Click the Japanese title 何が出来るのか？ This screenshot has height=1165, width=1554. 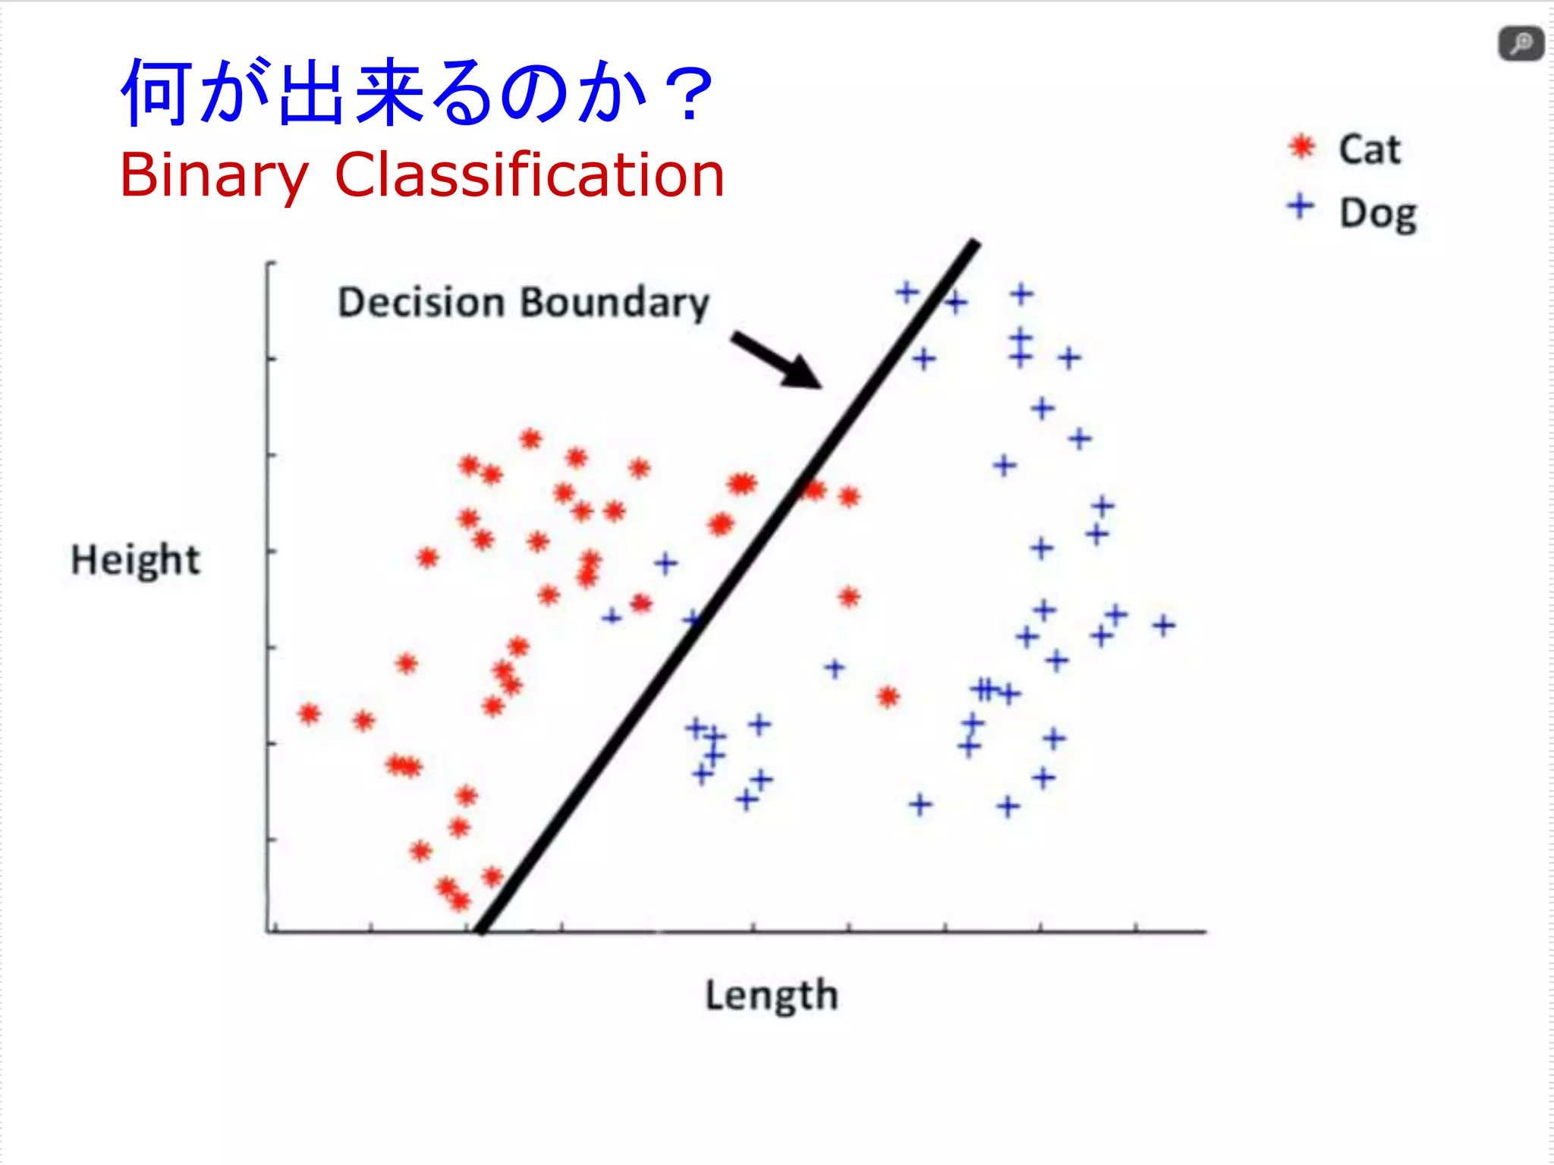pyautogui.click(x=417, y=93)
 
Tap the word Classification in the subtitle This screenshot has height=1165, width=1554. pyautogui.click(x=530, y=174)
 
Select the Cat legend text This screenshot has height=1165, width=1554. pyautogui.click(x=1369, y=149)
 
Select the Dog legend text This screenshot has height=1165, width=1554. pyautogui.click(x=1377, y=214)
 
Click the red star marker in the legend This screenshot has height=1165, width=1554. pyautogui.click(x=1302, y=146)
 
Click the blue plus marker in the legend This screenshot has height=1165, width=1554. pyautogui.click(x=1301, y=206)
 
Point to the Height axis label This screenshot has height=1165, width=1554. pyautogui.click(x=135, y=561)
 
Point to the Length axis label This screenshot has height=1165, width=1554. pyautogui.click(x=772, y=995)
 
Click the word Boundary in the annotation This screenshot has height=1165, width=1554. pyautogui.click(x=615, y=303)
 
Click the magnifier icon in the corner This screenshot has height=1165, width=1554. pyautogui.click(x=1521, y=44)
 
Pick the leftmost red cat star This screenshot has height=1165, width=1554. pyautogui.click(x=309, y=714)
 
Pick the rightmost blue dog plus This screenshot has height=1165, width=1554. pyautogui.click(x=1163, y=626)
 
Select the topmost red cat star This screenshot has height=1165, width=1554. pyautogui.click(x=530, y=438)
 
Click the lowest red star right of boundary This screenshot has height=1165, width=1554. pyautogui.click(x=889, y=696)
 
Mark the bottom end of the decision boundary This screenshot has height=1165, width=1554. pyautogui.click(x=480, y=929)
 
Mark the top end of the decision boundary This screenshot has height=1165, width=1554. pyautogui.click(x=975, y=243)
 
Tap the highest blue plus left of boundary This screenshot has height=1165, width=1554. pyautogui.click(x=665, y=564)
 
